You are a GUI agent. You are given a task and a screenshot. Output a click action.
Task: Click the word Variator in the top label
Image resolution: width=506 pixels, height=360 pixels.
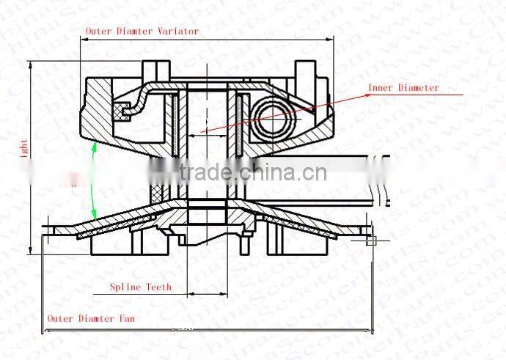[178, 32]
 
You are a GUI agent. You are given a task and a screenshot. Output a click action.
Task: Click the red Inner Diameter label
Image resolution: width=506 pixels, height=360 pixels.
[403, 88]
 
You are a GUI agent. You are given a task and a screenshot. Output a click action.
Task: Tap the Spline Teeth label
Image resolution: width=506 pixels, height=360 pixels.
[140, 287]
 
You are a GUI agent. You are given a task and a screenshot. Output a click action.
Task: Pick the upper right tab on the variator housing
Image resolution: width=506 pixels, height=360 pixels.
[305, 71]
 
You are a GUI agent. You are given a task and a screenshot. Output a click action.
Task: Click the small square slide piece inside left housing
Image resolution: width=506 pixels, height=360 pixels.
[122, 111]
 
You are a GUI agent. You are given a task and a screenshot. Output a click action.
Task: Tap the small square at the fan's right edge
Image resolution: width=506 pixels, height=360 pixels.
[371, 240]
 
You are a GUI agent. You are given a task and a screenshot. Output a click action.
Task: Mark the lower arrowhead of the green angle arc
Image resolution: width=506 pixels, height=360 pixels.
[95, 216]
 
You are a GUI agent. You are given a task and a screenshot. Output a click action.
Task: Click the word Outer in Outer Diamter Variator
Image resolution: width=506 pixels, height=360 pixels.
[98, 32]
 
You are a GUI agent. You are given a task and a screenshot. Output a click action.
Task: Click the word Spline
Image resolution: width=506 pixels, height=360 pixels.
[125, 287]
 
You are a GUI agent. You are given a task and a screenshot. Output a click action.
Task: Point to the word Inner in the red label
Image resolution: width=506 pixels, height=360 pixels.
[381, 88]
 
